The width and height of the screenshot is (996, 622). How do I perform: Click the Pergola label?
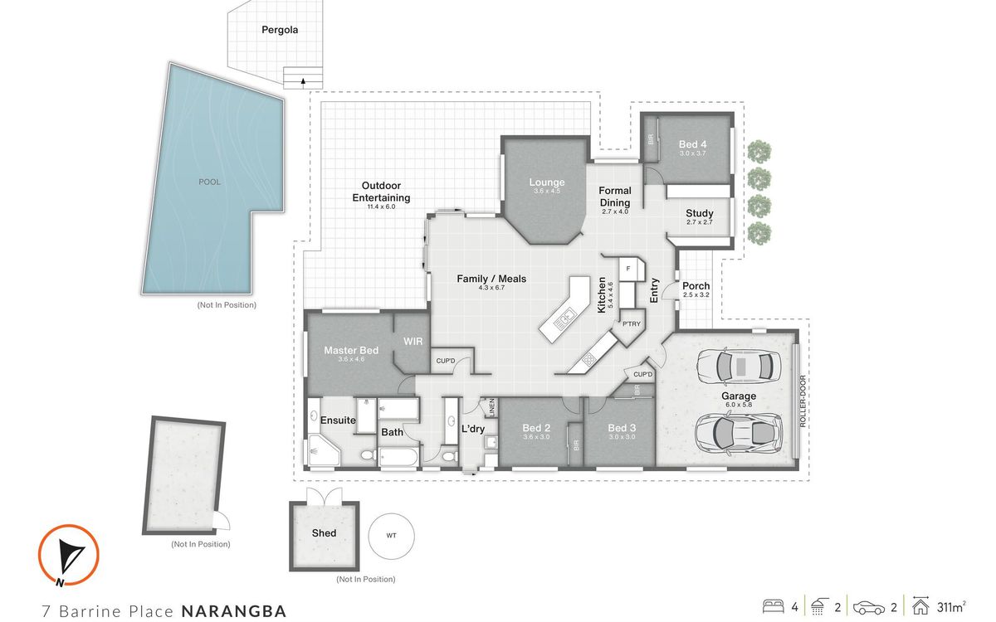pos(280,30)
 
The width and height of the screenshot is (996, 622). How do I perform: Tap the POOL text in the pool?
pos(209,182)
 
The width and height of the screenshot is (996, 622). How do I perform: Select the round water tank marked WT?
pos(391,536)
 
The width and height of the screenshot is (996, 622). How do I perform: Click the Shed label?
pos(324,532)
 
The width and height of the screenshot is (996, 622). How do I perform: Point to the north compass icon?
pos(68,556)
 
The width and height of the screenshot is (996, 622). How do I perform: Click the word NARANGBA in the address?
pos(234,611)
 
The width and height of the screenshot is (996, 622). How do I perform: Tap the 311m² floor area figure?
pos(951,607)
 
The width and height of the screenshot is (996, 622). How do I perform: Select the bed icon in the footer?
pos(774,607)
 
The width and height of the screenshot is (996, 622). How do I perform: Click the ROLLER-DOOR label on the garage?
pos(803,401)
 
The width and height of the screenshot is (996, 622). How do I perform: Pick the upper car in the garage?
pos(739,367)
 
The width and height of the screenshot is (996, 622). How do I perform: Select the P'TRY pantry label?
pos(632,324)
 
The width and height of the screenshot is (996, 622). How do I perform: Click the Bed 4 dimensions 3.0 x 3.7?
pos(692,153)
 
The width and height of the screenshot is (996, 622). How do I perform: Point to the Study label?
pos(700,213)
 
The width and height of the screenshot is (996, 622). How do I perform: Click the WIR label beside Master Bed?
pos(413,341)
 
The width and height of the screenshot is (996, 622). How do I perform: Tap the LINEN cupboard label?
pos(491,408)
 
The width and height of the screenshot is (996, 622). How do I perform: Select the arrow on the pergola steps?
pos(303,81)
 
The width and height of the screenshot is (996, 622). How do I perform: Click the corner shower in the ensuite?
pos(324,450)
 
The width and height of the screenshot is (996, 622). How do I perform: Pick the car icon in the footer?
pos(869,607)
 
